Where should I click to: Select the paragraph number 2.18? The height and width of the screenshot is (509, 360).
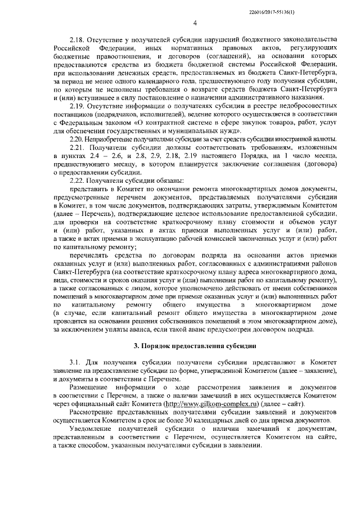click(x=77, y=40)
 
